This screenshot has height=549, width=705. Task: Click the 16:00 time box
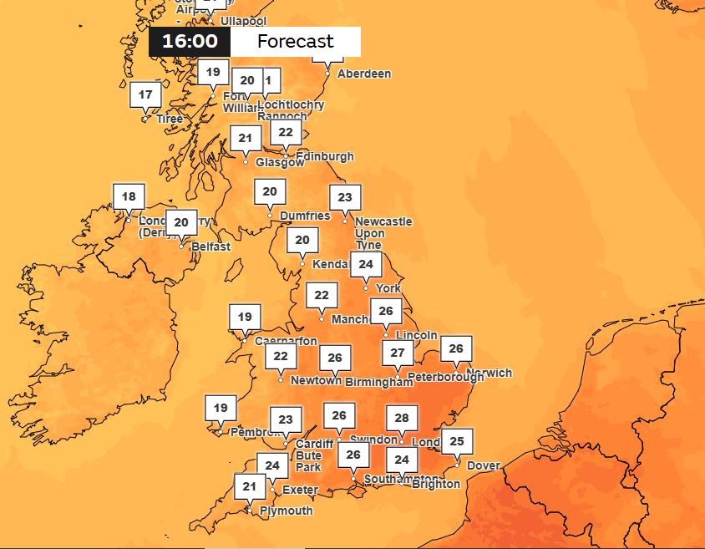click(190, 42)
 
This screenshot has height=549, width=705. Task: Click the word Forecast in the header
click(295, 42)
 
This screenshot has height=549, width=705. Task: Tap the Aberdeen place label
click(363, 74)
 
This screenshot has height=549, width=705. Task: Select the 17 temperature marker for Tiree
click(145, 95)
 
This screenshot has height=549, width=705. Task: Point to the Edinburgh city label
click(325, 156)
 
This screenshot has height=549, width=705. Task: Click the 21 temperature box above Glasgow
click(245, 139)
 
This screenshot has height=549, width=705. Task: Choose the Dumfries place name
click(305, 216)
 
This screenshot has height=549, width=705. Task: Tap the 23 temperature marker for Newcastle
click(345, 198)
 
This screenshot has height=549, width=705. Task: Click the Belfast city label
click(210, 247)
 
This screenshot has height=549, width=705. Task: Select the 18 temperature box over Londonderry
click(129, 197)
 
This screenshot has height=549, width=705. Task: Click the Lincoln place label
click(417, 335)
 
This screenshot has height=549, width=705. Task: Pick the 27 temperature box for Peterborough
click(398, 353)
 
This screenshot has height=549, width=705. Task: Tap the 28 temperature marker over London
click(402, 418)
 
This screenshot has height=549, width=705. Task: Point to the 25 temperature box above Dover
click(456, 441)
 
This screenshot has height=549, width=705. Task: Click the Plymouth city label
click(287, 511)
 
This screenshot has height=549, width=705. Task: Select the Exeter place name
click(300, 490)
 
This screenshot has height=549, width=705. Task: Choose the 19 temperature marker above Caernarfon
click(244, 318)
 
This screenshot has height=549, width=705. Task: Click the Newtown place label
click(316, 380)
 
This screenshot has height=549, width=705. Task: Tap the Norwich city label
click(489, 373)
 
